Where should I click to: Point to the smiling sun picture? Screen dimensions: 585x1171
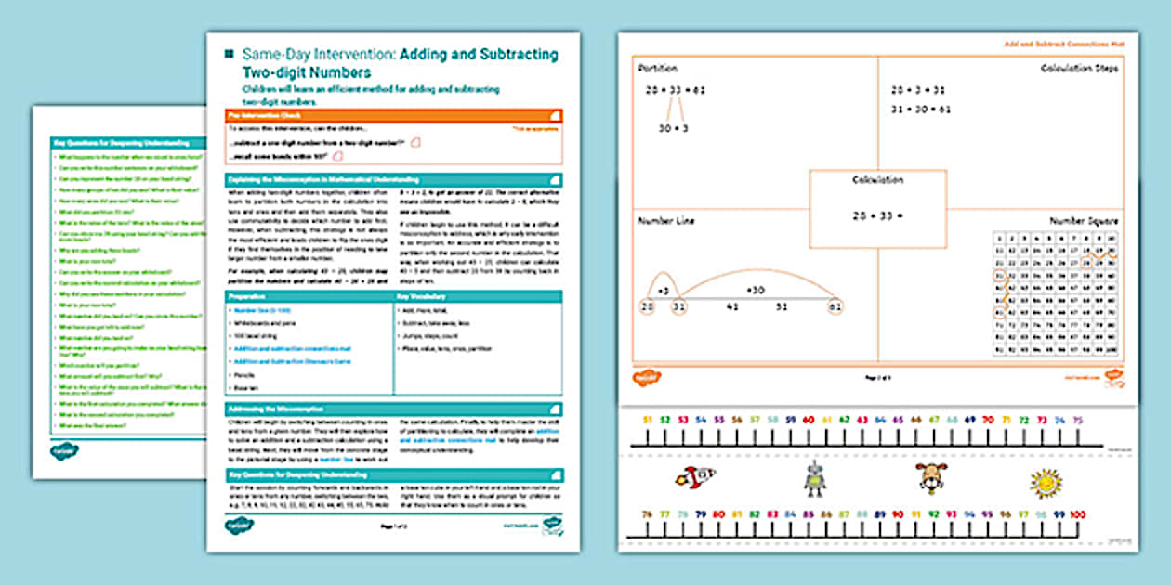[1045, 483]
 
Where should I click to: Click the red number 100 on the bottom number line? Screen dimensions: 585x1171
[1077, 513]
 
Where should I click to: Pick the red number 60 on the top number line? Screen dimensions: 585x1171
[809, 420]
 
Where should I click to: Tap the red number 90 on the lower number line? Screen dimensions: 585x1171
[898, 513]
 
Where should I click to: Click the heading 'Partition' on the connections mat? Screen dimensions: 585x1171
[658, 69]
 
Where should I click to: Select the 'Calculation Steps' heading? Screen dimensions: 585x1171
[1079, 69]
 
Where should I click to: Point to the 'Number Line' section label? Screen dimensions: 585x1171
[664, 221]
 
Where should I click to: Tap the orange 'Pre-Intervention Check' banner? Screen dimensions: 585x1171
[393, 115]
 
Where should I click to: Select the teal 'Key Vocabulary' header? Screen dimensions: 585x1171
[478, 296]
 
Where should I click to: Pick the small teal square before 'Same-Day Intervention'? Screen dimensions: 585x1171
[229, 55]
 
